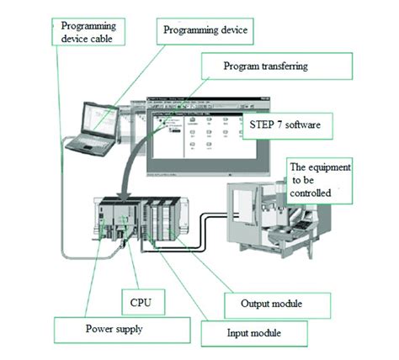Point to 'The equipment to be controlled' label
[x=321, y=178]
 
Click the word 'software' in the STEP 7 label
[x=306, y=124]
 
